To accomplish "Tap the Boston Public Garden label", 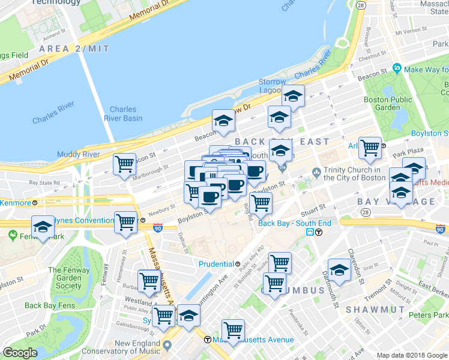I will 383,103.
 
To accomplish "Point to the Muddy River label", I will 78,154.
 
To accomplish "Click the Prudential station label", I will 216,264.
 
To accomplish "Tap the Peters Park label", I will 429,314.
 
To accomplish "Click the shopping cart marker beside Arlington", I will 370,146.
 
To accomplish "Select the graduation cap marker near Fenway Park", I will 43,227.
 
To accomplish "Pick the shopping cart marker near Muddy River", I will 125,163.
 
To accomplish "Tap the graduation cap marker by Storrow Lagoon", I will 294,96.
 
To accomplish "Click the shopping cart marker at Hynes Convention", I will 126,223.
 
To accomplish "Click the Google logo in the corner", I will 20,353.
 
